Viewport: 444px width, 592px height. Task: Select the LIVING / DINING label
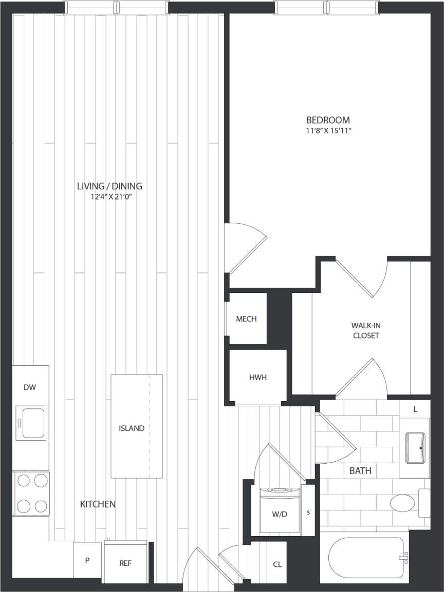pos(109,186)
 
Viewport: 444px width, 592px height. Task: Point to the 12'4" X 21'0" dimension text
pos(109,196)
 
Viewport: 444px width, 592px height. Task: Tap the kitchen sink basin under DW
pos(31,422)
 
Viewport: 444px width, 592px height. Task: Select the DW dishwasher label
pos(30,387)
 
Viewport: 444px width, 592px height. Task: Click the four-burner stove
pos(31,494)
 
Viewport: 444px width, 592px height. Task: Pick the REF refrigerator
pos(125,562)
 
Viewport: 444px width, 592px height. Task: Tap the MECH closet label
pos(246,319)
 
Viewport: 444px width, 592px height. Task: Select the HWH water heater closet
pos(257,377)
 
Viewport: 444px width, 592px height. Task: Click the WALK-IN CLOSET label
pos(365,330)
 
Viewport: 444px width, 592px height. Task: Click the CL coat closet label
pos(277,564)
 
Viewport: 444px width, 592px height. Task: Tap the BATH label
pos(360,470)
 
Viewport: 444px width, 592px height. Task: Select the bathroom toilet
pos(406,503)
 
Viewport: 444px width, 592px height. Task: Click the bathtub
pos(365,558)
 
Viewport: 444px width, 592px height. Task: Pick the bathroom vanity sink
pos(415,447)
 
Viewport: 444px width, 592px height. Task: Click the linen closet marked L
pos(414,409)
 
